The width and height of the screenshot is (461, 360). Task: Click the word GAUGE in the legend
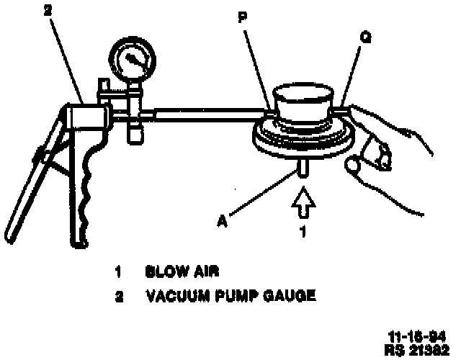point(290,294)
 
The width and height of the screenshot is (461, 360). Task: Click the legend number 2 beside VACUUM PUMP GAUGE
point(117,294)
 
